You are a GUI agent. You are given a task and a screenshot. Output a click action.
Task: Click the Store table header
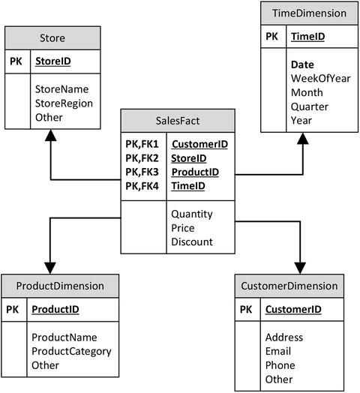[x=52, y=38]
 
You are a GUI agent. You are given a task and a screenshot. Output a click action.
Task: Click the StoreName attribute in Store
[x=63, y=89]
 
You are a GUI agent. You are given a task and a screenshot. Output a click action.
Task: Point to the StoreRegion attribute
[x=64, y=103]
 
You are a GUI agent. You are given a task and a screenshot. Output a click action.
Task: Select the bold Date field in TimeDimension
[x=302, y=64]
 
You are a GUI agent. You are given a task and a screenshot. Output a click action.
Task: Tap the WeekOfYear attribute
[x=320, y=79]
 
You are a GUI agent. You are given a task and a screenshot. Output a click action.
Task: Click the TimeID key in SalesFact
[x=187, y=187]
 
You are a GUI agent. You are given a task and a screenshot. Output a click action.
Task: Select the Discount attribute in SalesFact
[x=192, y=242]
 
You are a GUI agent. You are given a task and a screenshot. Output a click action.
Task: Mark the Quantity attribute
[x=192, y=214]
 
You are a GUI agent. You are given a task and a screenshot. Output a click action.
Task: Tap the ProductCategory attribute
[x=71, y=351]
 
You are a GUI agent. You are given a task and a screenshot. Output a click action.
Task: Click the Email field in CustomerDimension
[x=279, y=351]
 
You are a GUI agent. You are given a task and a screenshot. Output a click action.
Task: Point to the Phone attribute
[x=280, y=365]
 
